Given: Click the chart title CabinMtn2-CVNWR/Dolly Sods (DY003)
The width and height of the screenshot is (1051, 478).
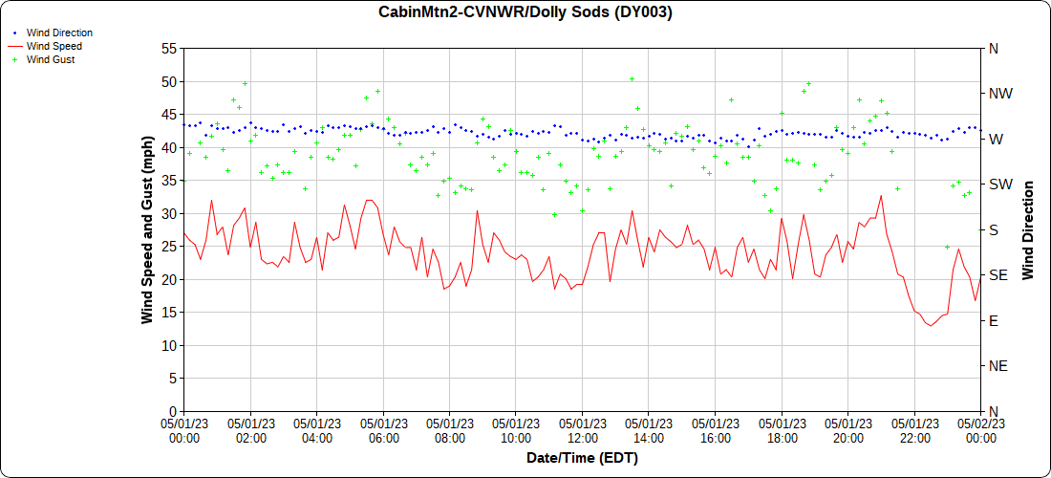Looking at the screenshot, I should [525, 12].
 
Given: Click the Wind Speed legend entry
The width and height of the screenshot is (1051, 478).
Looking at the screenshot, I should [54, 46].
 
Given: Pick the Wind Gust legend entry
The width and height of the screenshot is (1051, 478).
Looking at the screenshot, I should [51, 59].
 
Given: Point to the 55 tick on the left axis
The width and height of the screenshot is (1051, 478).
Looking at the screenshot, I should [169, 48].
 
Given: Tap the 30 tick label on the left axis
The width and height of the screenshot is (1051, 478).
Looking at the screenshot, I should [169, 213].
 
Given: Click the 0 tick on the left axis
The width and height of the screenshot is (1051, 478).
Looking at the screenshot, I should [173, 411].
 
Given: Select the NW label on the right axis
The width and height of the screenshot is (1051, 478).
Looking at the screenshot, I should [999, 94].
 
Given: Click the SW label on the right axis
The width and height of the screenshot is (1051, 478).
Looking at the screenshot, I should [999, 185].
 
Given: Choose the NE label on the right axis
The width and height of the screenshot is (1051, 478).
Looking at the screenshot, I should [997, 366].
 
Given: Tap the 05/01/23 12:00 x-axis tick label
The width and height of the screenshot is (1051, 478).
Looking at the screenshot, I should [582, 430].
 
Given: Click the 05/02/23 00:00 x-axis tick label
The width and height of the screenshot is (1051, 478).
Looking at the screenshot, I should [980, 430].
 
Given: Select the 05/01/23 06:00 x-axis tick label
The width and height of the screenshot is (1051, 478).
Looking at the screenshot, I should [383, 430].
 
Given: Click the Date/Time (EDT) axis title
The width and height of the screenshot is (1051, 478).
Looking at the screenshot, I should [582, 458].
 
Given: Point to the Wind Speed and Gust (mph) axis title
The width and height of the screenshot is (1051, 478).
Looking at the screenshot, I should [147, 229].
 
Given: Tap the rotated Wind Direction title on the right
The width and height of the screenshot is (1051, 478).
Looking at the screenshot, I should [1028, 229].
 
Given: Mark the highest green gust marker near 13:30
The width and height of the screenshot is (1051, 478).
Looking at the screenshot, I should [632, 79].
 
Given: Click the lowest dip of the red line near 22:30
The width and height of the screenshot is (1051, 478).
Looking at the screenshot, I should [929, 326].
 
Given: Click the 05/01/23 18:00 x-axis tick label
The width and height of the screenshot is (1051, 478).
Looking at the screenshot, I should [782, 430].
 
